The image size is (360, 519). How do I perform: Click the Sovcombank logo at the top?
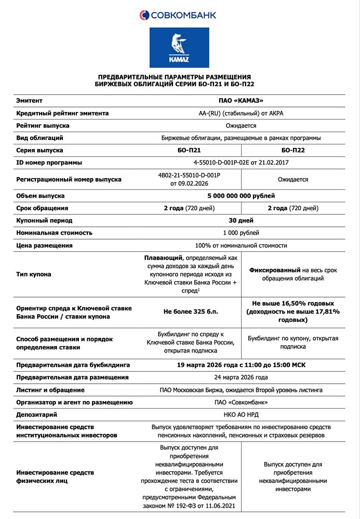point(178,15)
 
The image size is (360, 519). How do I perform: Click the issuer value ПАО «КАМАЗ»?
point(241,100)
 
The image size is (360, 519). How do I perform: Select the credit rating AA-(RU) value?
point(241,113)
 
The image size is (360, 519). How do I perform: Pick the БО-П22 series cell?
point(292,151)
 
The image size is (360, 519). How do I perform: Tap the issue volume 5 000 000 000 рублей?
point(241,196)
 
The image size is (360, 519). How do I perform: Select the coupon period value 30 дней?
point(241,221)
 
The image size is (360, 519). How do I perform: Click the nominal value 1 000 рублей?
point(241,233)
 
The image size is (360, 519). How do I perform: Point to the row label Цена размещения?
point(44,245)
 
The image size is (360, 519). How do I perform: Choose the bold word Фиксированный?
point(275,270)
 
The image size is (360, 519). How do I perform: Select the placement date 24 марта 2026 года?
point(241,377)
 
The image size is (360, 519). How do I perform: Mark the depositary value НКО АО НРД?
point(241,415)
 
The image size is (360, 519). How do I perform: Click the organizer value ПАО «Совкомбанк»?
point(241,402)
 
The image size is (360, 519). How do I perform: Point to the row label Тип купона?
point(34,275)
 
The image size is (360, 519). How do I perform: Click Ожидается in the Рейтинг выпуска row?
point(241,126)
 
